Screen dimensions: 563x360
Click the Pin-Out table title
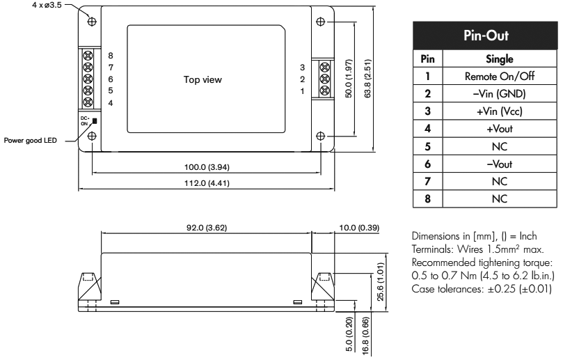486,36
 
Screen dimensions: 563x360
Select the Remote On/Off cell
500,76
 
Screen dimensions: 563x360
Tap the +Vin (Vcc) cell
500,111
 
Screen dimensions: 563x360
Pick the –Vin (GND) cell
500,94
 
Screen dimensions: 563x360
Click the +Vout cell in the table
500,129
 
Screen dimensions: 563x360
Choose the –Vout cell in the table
500,164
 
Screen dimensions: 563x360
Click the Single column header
500,59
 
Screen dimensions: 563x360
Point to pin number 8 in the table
427,199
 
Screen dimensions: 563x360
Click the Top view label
203,80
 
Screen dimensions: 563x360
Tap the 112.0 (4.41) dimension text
207,183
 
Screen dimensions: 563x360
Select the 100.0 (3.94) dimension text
207,167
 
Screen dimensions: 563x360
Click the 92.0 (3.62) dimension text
207,228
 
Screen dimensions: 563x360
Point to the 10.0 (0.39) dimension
359,228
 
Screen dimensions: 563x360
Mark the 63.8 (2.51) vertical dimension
367,79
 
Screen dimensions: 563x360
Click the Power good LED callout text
30,141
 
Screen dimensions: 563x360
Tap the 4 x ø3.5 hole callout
47,6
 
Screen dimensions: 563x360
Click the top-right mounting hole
320,22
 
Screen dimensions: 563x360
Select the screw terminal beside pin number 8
88,55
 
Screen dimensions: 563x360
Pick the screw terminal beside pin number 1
324,90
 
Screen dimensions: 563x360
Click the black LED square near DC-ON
95,121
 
